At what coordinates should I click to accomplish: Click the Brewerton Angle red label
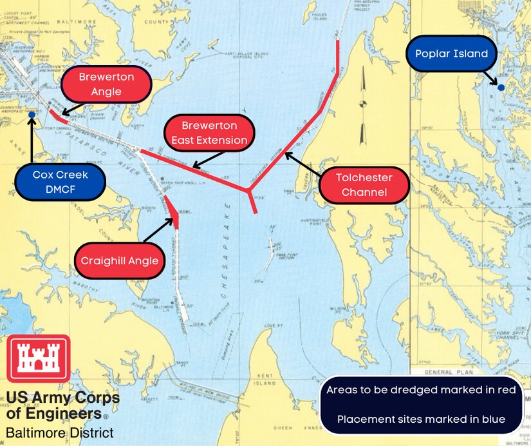(106, 84)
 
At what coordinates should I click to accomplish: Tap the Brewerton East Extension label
(209, 133)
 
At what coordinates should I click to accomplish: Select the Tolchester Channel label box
(364, 184)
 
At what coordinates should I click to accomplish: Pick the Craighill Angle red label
(120, 261)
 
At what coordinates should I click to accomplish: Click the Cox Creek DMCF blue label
(60, 182)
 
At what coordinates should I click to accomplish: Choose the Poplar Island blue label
(451, 54)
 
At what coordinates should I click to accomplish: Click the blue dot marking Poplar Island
(501, 87)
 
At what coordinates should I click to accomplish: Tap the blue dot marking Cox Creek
(32, 115)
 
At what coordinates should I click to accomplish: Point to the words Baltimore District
(60, 432)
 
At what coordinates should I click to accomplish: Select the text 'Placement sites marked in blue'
(420, 420)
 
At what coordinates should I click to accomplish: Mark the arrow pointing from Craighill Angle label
(160, 233)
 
